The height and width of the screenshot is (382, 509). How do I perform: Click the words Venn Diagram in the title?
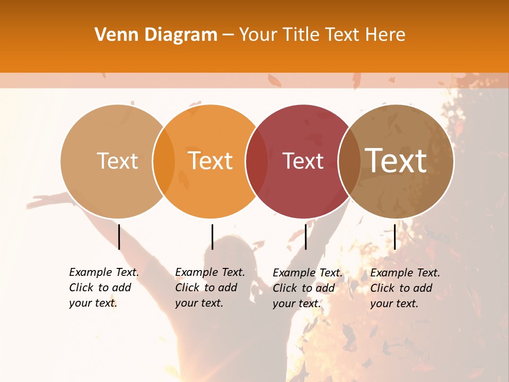(x=156, y=35)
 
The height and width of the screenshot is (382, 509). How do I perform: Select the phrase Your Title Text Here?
(x=322, y=35)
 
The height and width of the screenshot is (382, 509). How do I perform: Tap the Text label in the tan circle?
(x=117, y=161)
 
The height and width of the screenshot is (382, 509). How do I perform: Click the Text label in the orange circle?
(x=210, y=161)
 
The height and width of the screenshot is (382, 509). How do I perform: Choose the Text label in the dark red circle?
(x=303, y=161)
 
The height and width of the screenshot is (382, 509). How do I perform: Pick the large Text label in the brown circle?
(x=396, y=160)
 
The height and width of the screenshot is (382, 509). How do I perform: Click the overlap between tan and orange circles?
(x=164, y=161)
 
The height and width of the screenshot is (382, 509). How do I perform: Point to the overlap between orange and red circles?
(x=257, y=161)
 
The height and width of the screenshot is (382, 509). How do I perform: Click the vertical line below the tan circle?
(x=119, y=237)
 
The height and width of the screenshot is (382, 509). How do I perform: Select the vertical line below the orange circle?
(x=212, y=237)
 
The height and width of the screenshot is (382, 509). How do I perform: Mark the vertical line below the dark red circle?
(x=305, y=237)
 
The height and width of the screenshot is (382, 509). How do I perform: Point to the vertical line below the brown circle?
(x=394, y=237)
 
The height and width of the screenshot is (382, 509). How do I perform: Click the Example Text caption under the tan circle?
(x=103, y=288)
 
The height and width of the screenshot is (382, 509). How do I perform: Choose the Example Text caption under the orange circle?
(x=209, y=288)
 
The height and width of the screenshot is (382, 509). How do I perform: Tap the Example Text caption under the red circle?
(x=307, y=288)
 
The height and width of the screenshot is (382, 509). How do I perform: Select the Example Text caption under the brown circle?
(x=405, y=288)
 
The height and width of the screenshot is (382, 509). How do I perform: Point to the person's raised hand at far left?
(x=40, y=202)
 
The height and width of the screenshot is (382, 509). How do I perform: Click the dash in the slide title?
(x=228, y=36)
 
